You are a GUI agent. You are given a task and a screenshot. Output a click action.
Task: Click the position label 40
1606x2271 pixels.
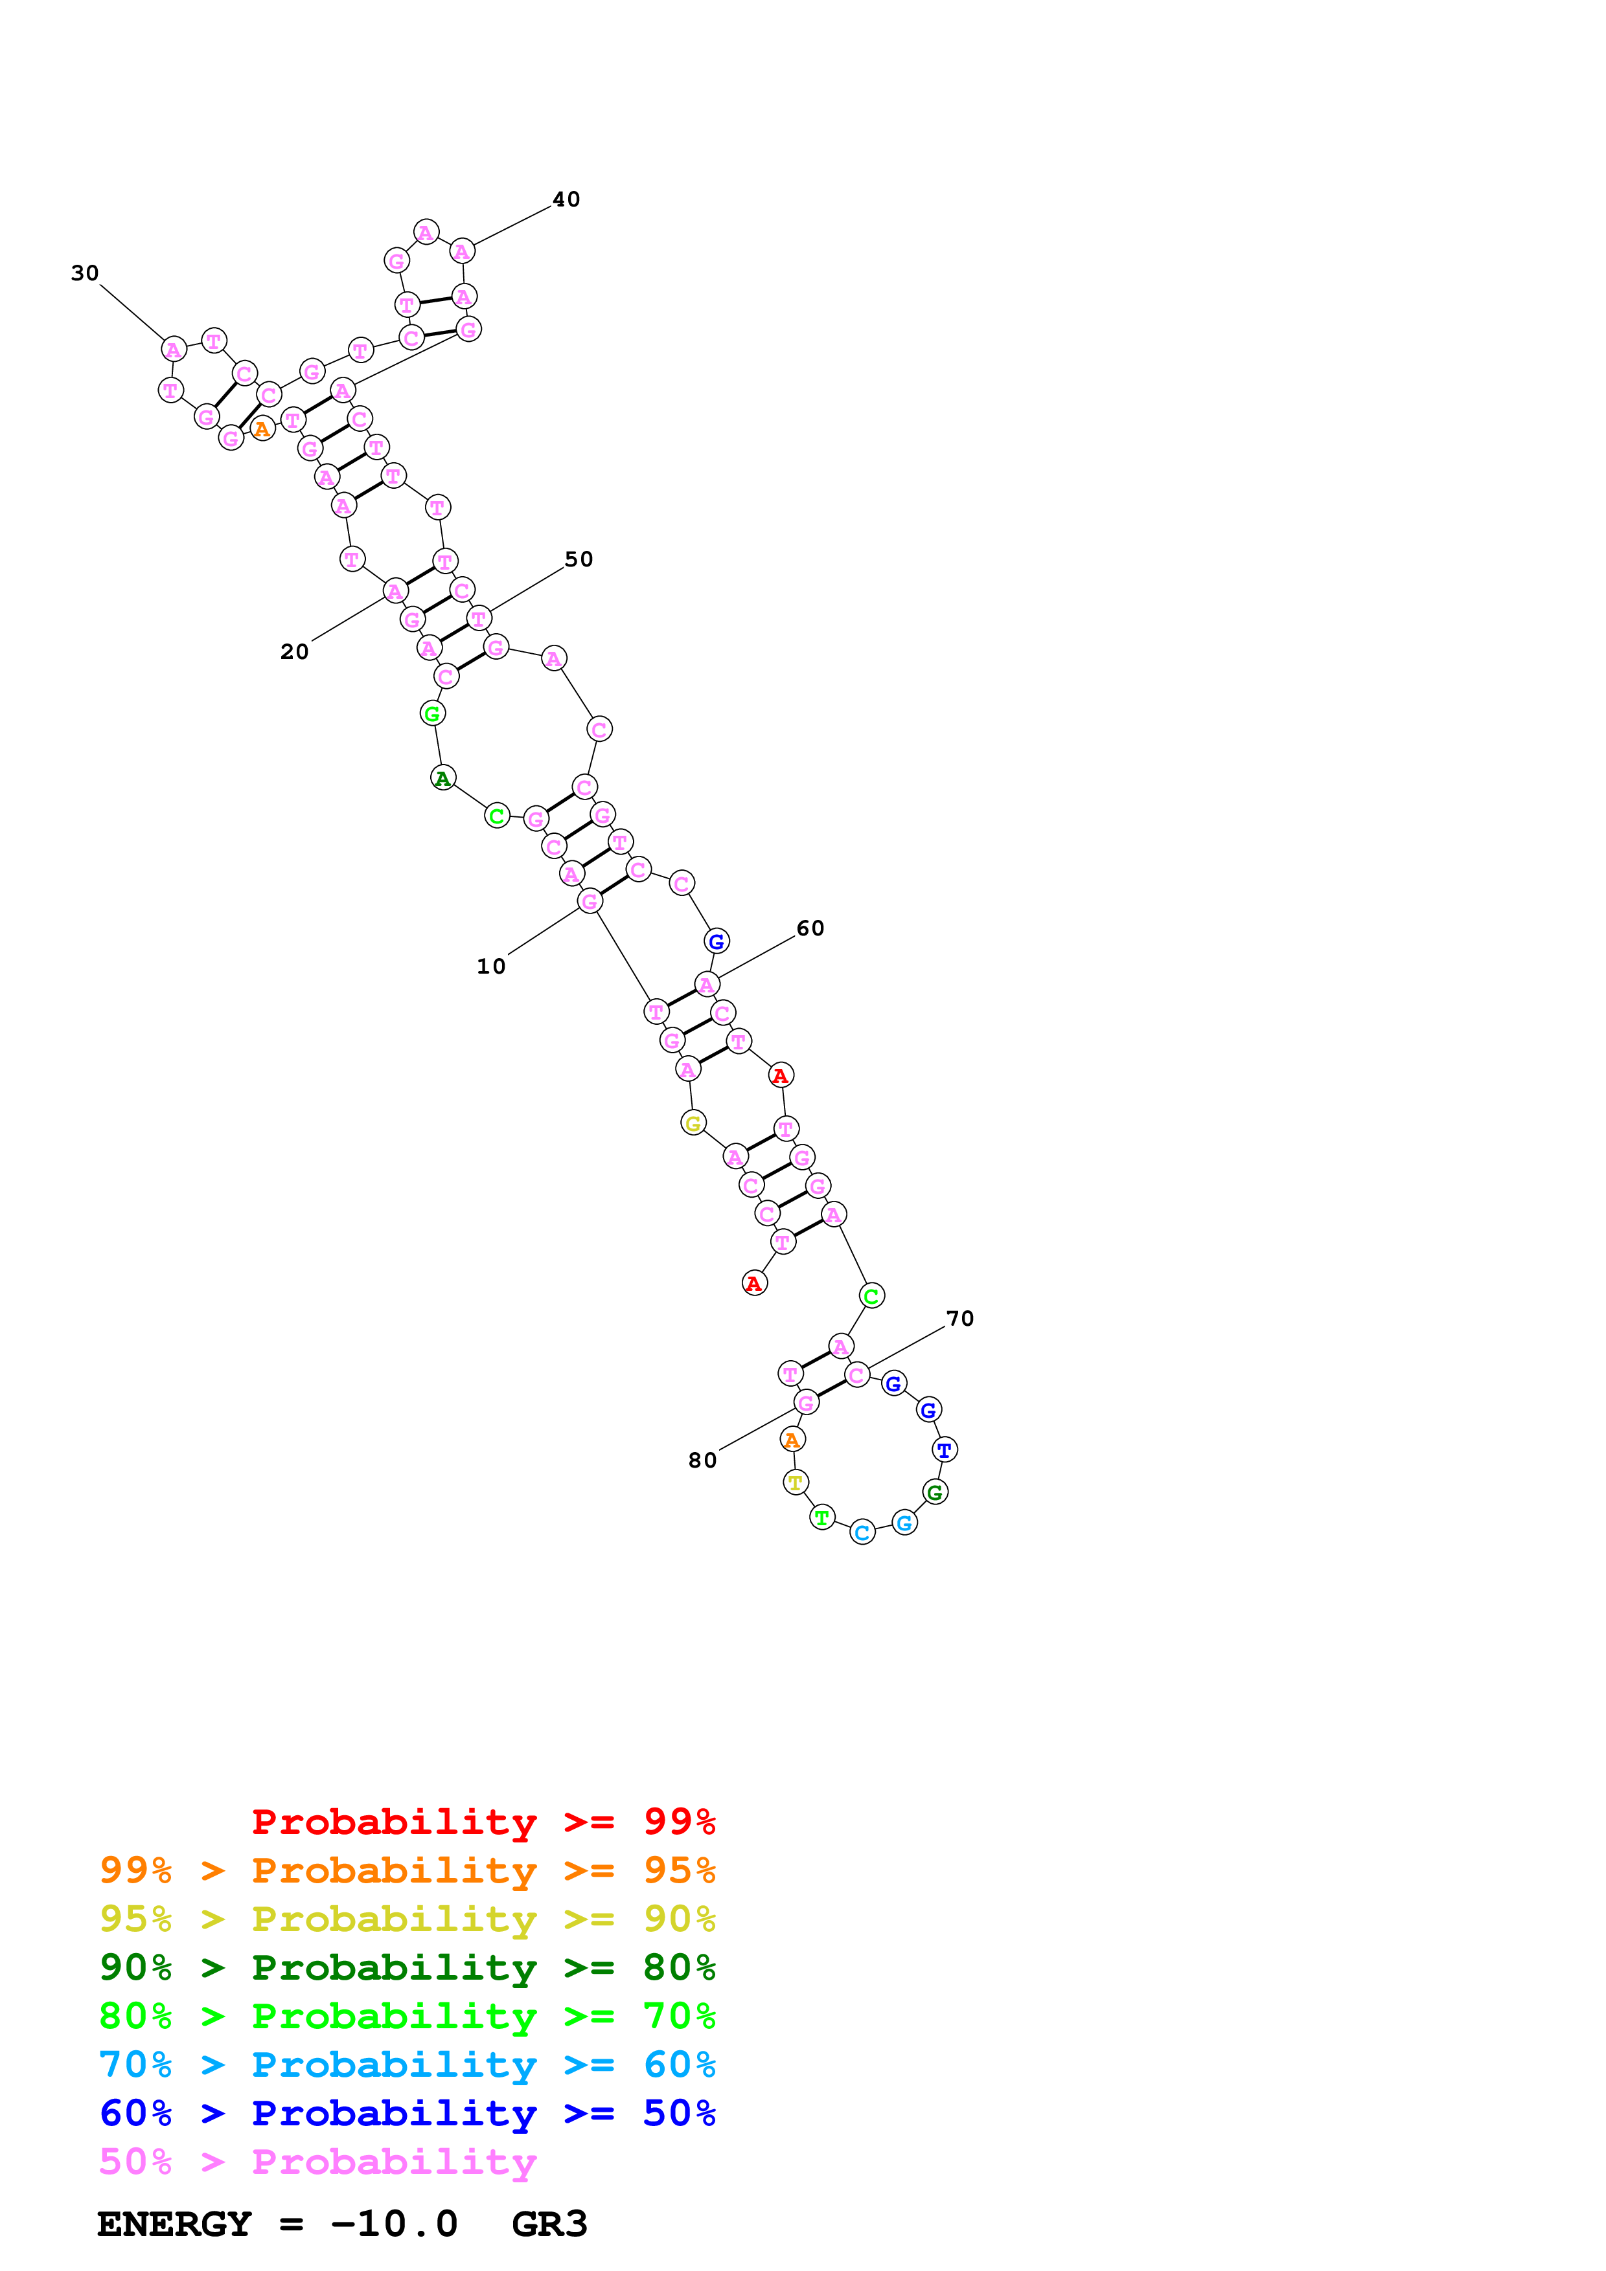(566, 200)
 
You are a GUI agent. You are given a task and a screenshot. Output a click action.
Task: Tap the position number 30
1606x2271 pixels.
(85, 274)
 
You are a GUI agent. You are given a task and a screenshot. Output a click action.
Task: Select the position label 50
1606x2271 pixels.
(579, 560)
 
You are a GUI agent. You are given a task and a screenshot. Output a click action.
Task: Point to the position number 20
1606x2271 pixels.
(295, 652)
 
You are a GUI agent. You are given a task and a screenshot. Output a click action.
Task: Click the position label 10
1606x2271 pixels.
(491, 967)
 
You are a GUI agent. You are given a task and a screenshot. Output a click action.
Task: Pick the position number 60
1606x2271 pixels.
(810, 929)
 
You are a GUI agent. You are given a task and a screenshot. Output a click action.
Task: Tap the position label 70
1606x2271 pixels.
(960, 1319)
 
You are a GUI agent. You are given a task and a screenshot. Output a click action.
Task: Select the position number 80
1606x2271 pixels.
(702, 1461)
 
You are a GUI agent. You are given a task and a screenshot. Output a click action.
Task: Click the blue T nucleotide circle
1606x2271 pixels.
(945, 1450)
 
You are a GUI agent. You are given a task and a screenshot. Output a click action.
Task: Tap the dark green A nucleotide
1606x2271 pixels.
(443, 778)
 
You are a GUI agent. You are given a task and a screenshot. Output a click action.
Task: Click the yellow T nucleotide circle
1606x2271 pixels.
(796, 1482)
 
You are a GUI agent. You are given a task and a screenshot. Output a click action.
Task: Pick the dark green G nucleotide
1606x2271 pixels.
(935, 1493)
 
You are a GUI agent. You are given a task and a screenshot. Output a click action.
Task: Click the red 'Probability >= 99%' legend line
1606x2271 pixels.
(483, 1821)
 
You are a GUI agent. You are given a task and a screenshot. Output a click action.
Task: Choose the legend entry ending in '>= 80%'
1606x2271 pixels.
(407, 1967)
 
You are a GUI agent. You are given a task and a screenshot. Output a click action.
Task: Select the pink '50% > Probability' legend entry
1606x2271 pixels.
(317, 2162)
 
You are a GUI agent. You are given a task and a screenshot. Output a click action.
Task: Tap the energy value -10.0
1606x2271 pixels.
(394, 2224)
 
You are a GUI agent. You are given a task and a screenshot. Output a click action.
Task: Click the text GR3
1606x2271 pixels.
(549, 2224)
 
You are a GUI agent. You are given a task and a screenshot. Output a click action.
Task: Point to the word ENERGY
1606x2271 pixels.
(174, 2224)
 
